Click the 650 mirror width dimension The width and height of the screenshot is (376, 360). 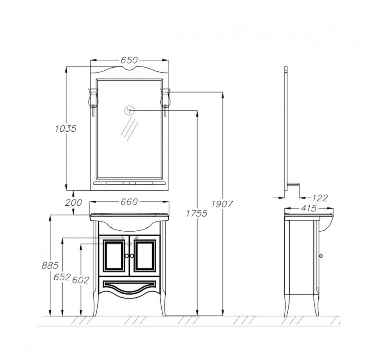[129, 60]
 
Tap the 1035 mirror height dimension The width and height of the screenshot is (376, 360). [66, 129]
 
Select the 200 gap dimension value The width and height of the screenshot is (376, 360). [74, 202]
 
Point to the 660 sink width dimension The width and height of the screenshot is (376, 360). [129, 202]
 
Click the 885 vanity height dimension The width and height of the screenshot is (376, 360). [50, 266]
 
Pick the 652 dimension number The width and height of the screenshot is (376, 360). [62, 277]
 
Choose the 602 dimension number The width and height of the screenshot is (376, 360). [81, 280]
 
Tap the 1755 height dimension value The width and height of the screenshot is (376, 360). [197, 213]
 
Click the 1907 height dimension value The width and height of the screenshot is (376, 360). [222, 204]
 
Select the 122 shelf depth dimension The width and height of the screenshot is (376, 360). [320, 198]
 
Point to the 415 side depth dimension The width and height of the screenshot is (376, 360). [309, 208]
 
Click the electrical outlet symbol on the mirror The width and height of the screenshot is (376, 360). [129, 110]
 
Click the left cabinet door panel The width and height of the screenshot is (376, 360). [114, 256]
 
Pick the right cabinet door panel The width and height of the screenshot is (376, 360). [145, 256]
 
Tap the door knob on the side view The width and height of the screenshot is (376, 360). [321, 256]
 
